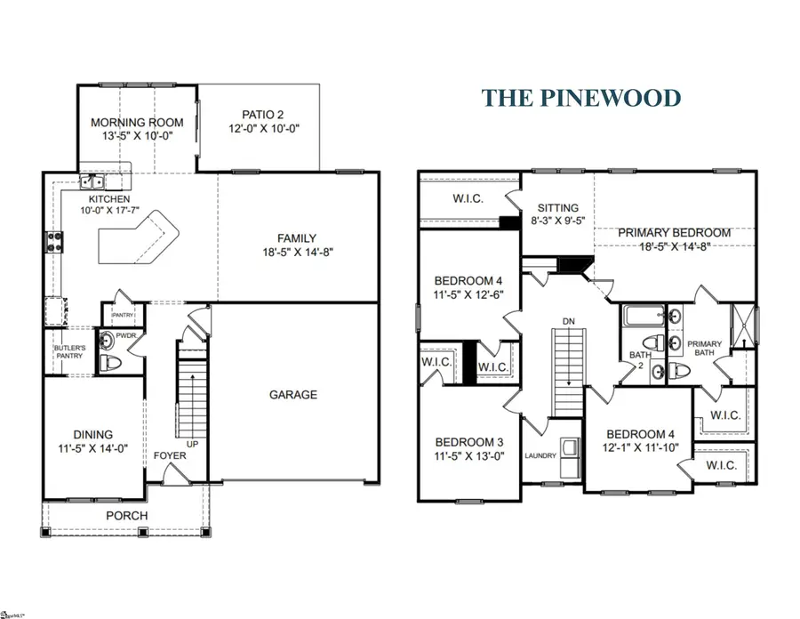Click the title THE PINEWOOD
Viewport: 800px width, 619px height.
594,98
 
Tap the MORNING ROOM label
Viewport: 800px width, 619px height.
137,123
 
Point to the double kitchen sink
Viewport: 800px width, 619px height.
93,183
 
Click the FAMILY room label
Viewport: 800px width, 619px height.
296,237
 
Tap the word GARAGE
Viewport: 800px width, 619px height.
292,394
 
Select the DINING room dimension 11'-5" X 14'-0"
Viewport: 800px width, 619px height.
94,449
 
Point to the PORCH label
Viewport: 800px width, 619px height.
127,516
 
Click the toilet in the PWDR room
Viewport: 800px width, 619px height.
109,361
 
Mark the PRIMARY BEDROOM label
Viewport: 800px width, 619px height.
674,233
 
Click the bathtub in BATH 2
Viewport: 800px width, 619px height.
643,314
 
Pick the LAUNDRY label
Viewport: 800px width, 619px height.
540,456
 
